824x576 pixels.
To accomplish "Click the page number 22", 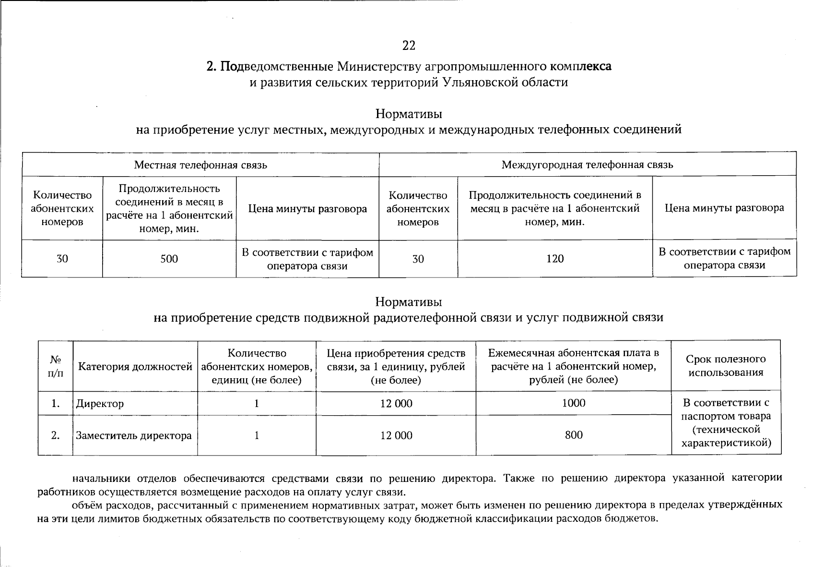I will [x=409, y=46].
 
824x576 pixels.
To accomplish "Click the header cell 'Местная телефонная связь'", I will [x=200, y=165].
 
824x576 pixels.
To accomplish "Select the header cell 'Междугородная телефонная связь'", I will [x=587, y=165].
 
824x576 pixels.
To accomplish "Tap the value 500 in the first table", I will [x=169, y=259].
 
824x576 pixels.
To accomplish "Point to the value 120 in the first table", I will [x=555, y=259].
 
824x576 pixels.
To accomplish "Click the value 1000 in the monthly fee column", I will [x=574, y=403].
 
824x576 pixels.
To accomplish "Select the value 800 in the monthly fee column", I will [x=574, y=435].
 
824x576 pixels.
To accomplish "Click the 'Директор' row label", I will [x=100, y=404].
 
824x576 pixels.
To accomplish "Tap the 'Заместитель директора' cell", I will [x=134, y=436].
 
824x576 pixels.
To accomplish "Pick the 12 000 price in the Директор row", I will [x=396, y=404].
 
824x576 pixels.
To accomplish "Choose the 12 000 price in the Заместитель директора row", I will [x=396, y=436].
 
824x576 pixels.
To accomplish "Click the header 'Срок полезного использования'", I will [x=726, y=366].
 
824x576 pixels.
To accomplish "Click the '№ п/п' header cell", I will [x=56, y=367].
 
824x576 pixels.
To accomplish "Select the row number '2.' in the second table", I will [x=56, y=436].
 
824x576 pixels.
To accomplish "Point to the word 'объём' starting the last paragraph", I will [x=86, y=505].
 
